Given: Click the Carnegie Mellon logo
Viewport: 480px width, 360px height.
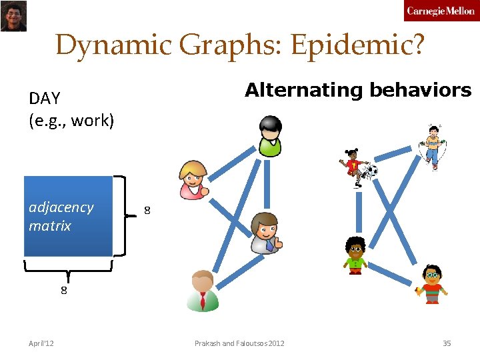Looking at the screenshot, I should coord(440,11).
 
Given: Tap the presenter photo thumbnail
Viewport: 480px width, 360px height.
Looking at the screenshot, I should coord(13,16).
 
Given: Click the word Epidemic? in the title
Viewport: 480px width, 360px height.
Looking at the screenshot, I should coord(357,45).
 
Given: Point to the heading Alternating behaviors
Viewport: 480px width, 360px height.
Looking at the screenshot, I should coord(358,90).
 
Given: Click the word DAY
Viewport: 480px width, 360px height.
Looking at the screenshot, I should coord(45,99).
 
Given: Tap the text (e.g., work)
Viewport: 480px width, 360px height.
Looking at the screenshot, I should coord(72,121).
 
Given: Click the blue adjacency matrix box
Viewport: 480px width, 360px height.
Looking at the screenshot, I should coord(68,216).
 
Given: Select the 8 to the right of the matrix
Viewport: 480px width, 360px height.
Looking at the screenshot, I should coord(148,211).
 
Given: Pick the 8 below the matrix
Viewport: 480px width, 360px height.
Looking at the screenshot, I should coord(64,290).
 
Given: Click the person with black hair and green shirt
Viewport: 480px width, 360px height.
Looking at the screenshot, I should coord(271,136).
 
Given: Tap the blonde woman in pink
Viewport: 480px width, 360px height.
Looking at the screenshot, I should coord(194,179).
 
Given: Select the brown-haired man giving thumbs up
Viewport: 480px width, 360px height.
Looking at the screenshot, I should coord(265,233).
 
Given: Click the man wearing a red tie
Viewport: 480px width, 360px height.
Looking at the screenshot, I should coord(202,291).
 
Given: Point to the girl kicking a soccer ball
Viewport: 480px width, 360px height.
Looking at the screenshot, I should coord(357,167).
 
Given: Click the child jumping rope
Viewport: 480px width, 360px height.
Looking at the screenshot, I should coord(433,146).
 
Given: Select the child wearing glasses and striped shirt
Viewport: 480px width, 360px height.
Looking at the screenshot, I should coord(432,283).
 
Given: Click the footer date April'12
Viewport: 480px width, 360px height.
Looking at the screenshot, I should coord(41,343).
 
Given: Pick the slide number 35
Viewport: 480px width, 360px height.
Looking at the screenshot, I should coord(447,343).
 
